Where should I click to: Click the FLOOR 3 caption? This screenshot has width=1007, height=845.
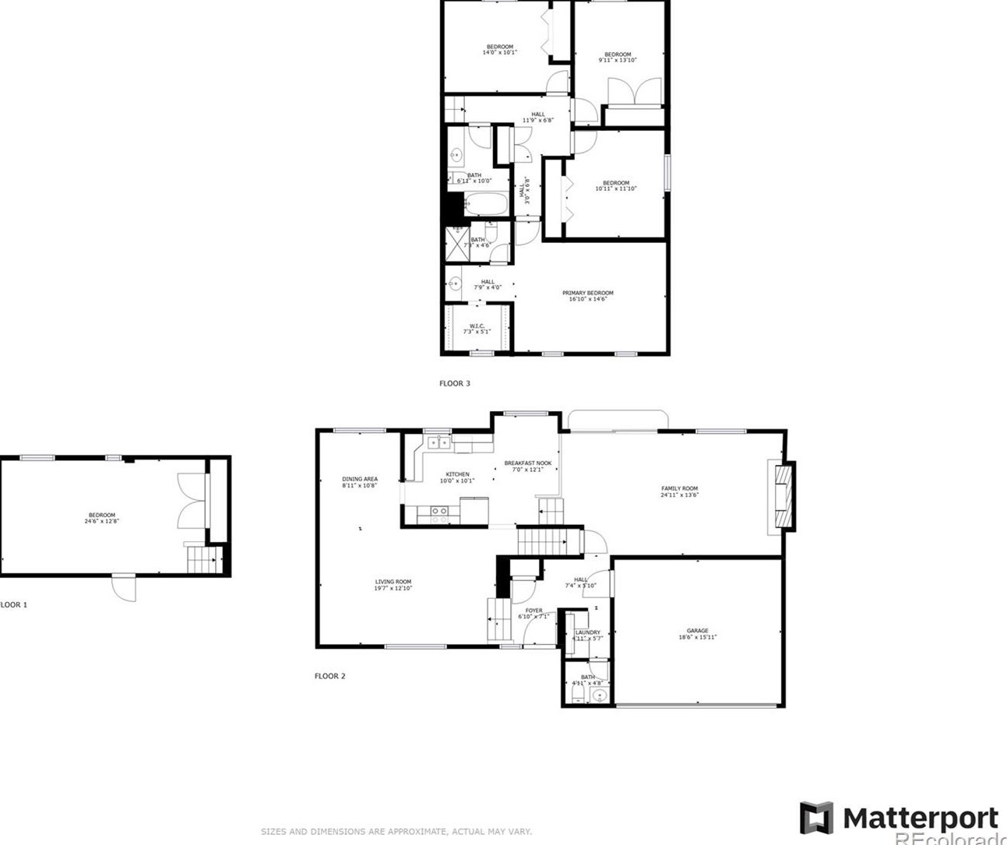(x=455, y=383)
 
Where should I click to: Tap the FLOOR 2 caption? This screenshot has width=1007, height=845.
(x=329, y=676)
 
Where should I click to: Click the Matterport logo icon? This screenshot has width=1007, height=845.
(x=816, y=818)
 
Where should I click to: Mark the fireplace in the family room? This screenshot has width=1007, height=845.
(x=782, y=497)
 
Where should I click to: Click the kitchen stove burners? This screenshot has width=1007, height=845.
(x=438, y=514)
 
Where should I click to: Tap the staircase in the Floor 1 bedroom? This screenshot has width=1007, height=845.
(x=202, y=559)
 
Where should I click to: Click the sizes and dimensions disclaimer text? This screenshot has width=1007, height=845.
(x=396, y=832)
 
